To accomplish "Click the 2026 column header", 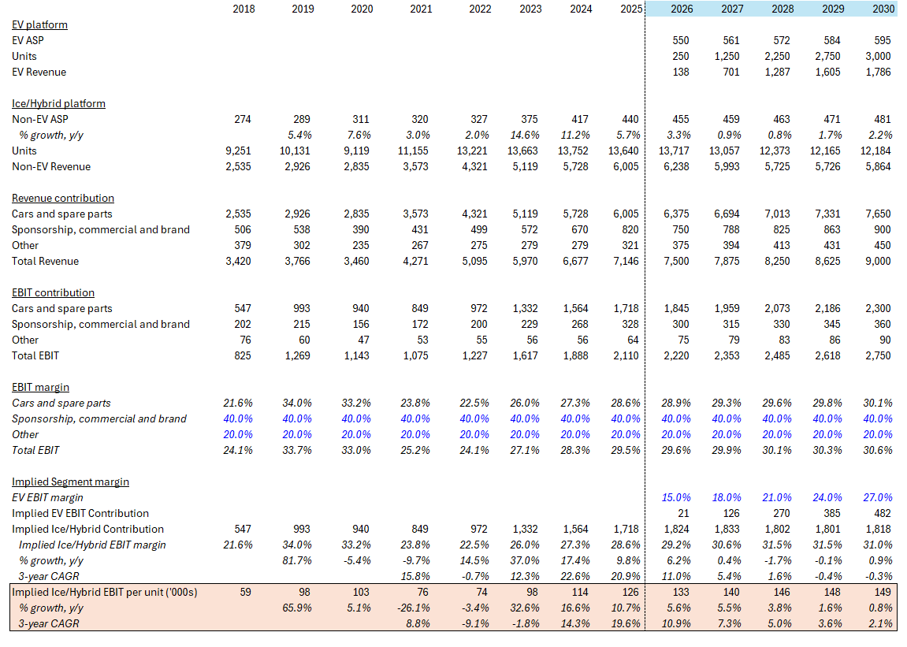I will (682, 9).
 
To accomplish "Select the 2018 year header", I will (243, 9).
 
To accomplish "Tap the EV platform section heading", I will (39, 24).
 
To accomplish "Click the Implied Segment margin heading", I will (70, 482).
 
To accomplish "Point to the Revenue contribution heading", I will (63, 198).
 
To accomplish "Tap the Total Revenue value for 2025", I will (624, 261).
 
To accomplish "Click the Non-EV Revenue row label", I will (51, 166).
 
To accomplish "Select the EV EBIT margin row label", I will (47, 497).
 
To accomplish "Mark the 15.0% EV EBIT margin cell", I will (676, 497).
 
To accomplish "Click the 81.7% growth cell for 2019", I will (299, 560).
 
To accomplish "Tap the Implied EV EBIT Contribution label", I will (80, 513).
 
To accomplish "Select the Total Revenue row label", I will (45, 261).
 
